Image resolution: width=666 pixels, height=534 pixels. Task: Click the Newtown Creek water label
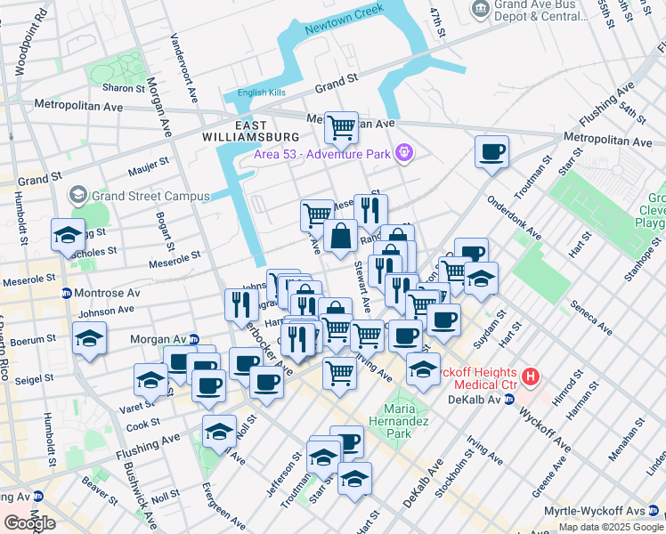click(343, 20)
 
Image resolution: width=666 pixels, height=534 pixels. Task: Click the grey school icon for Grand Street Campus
click(78, 196)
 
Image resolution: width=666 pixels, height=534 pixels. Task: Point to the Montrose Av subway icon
click(67, 294)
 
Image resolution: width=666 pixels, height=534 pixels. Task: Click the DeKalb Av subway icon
click(509, 400)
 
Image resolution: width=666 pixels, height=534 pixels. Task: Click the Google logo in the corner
click(29, 523)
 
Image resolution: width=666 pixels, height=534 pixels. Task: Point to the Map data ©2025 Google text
click(611, 527)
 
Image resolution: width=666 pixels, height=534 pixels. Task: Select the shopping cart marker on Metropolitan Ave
click(341, 127)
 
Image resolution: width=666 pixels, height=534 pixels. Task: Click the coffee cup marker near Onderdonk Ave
click(491, 151)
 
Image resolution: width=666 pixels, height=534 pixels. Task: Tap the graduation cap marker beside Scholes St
click(68, 235)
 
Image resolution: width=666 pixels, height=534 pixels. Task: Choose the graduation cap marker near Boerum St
click(89, 338)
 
